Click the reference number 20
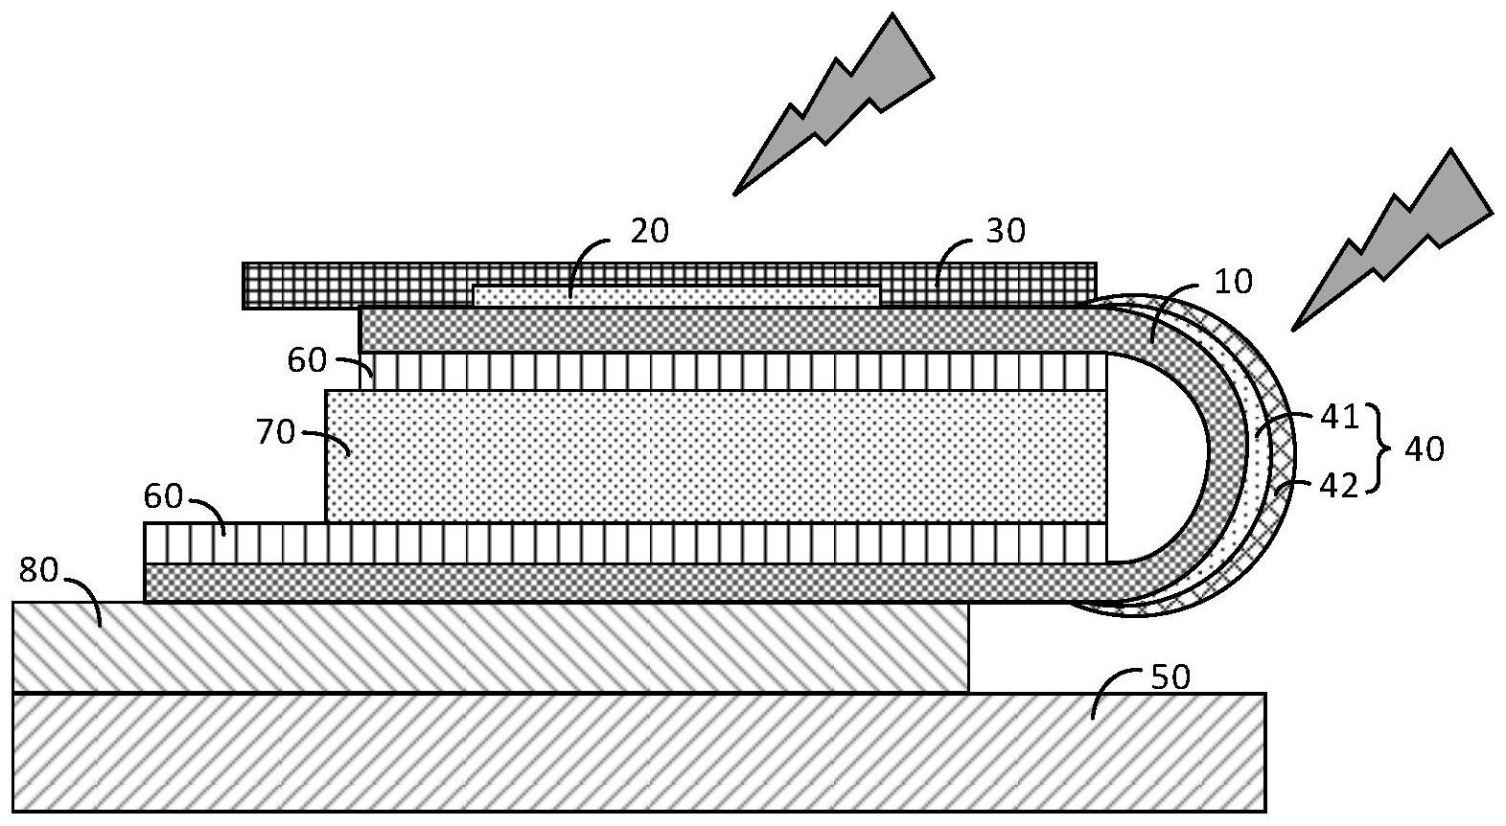coord(649,231)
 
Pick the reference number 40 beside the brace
coord(1423,448)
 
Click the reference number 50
coord(1170,677)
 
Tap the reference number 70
coord(274,433)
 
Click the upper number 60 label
coord(307,361)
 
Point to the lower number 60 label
coord(163,496)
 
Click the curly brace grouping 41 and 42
coord(1380,450)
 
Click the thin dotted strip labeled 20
coord(676,295)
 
